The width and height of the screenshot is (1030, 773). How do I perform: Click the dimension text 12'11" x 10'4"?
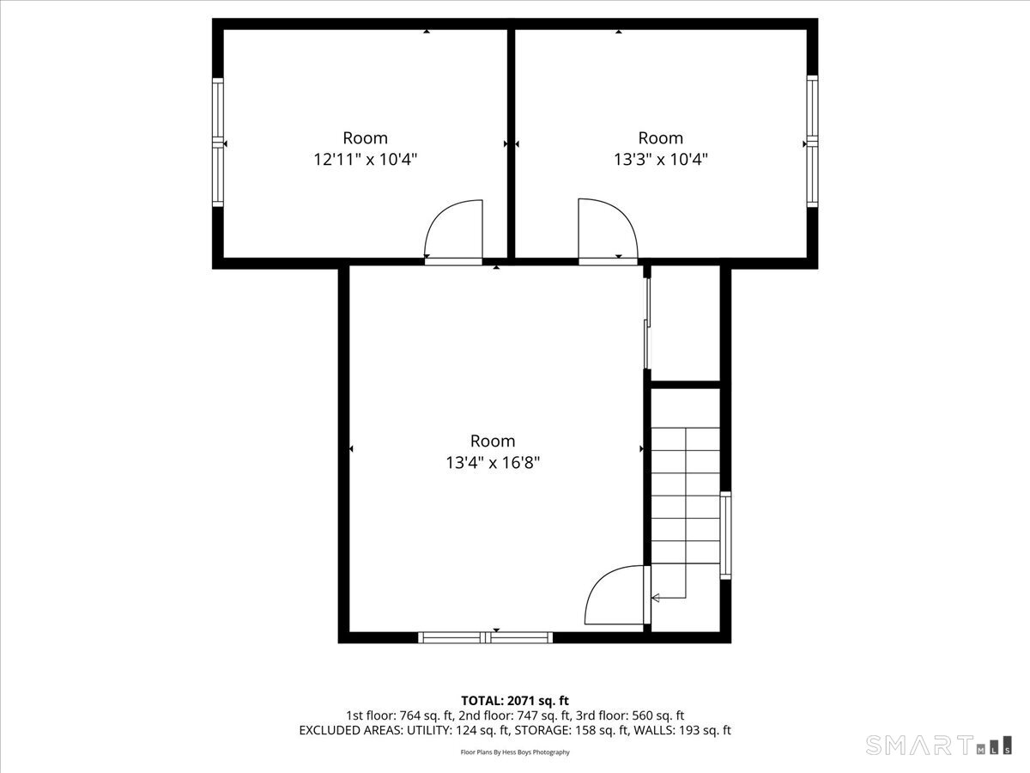[x=367, y=159]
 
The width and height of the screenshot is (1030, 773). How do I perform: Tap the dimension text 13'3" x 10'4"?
[x=661, y=159]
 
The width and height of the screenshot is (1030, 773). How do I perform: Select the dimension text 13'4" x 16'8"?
[x=493, y=462]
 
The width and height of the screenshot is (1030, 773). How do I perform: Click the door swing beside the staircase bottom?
[x=615, y=595]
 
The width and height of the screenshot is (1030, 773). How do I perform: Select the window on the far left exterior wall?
[x=217, y=142]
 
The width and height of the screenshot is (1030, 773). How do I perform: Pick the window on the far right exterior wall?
[x=812, y=142]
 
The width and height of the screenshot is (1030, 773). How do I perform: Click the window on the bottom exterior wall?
[x=485, y=637]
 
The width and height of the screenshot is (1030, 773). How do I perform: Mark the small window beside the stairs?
[x=726, y=534]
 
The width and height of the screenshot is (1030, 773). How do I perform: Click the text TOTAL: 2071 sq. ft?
[x=515, y=701]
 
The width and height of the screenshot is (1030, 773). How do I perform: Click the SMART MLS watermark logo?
[x=939, y=744]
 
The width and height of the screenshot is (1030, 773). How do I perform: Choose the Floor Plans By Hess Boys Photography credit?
[x=515, y=752]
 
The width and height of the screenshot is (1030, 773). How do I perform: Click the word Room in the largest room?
[x=493, y=441]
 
